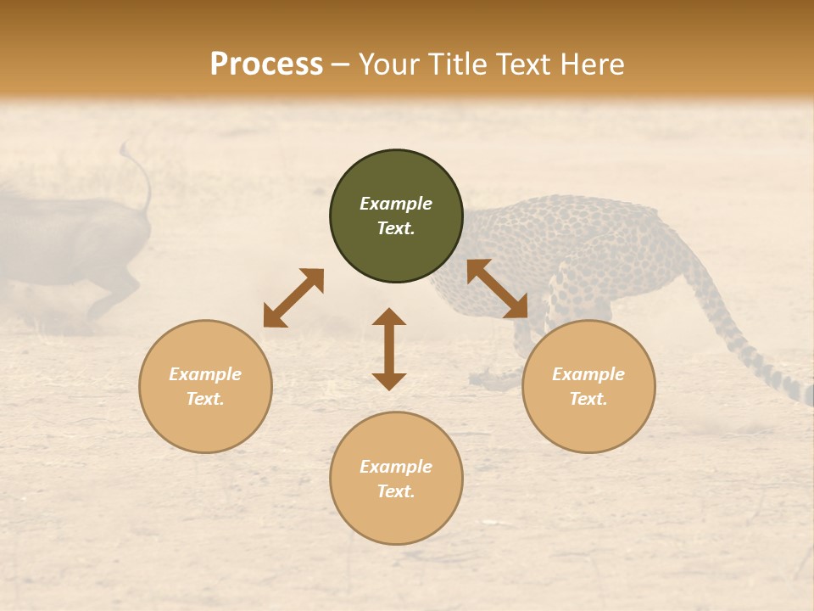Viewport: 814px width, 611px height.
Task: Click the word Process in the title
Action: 266,64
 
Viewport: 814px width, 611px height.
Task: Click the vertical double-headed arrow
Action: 389,349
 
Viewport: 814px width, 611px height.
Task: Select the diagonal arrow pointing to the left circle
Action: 293,298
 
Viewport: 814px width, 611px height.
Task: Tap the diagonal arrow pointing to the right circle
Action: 497,289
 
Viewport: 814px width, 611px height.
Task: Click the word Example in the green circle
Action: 396,204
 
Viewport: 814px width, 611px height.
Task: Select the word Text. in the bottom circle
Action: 396,491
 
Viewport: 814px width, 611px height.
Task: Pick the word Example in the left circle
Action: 205,374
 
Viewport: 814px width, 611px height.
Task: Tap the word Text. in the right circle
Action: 588,399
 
